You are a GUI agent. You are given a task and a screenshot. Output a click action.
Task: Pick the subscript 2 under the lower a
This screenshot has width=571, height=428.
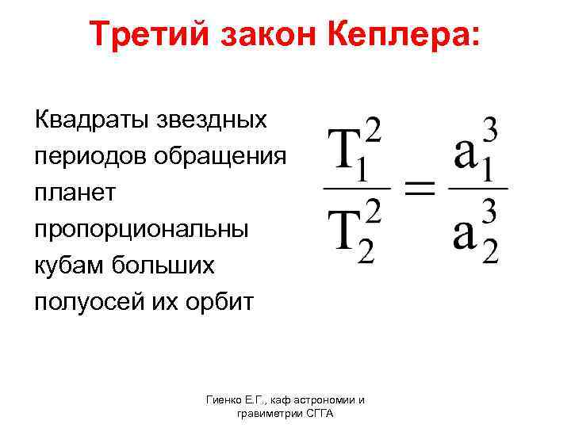(x=490, y=254)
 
